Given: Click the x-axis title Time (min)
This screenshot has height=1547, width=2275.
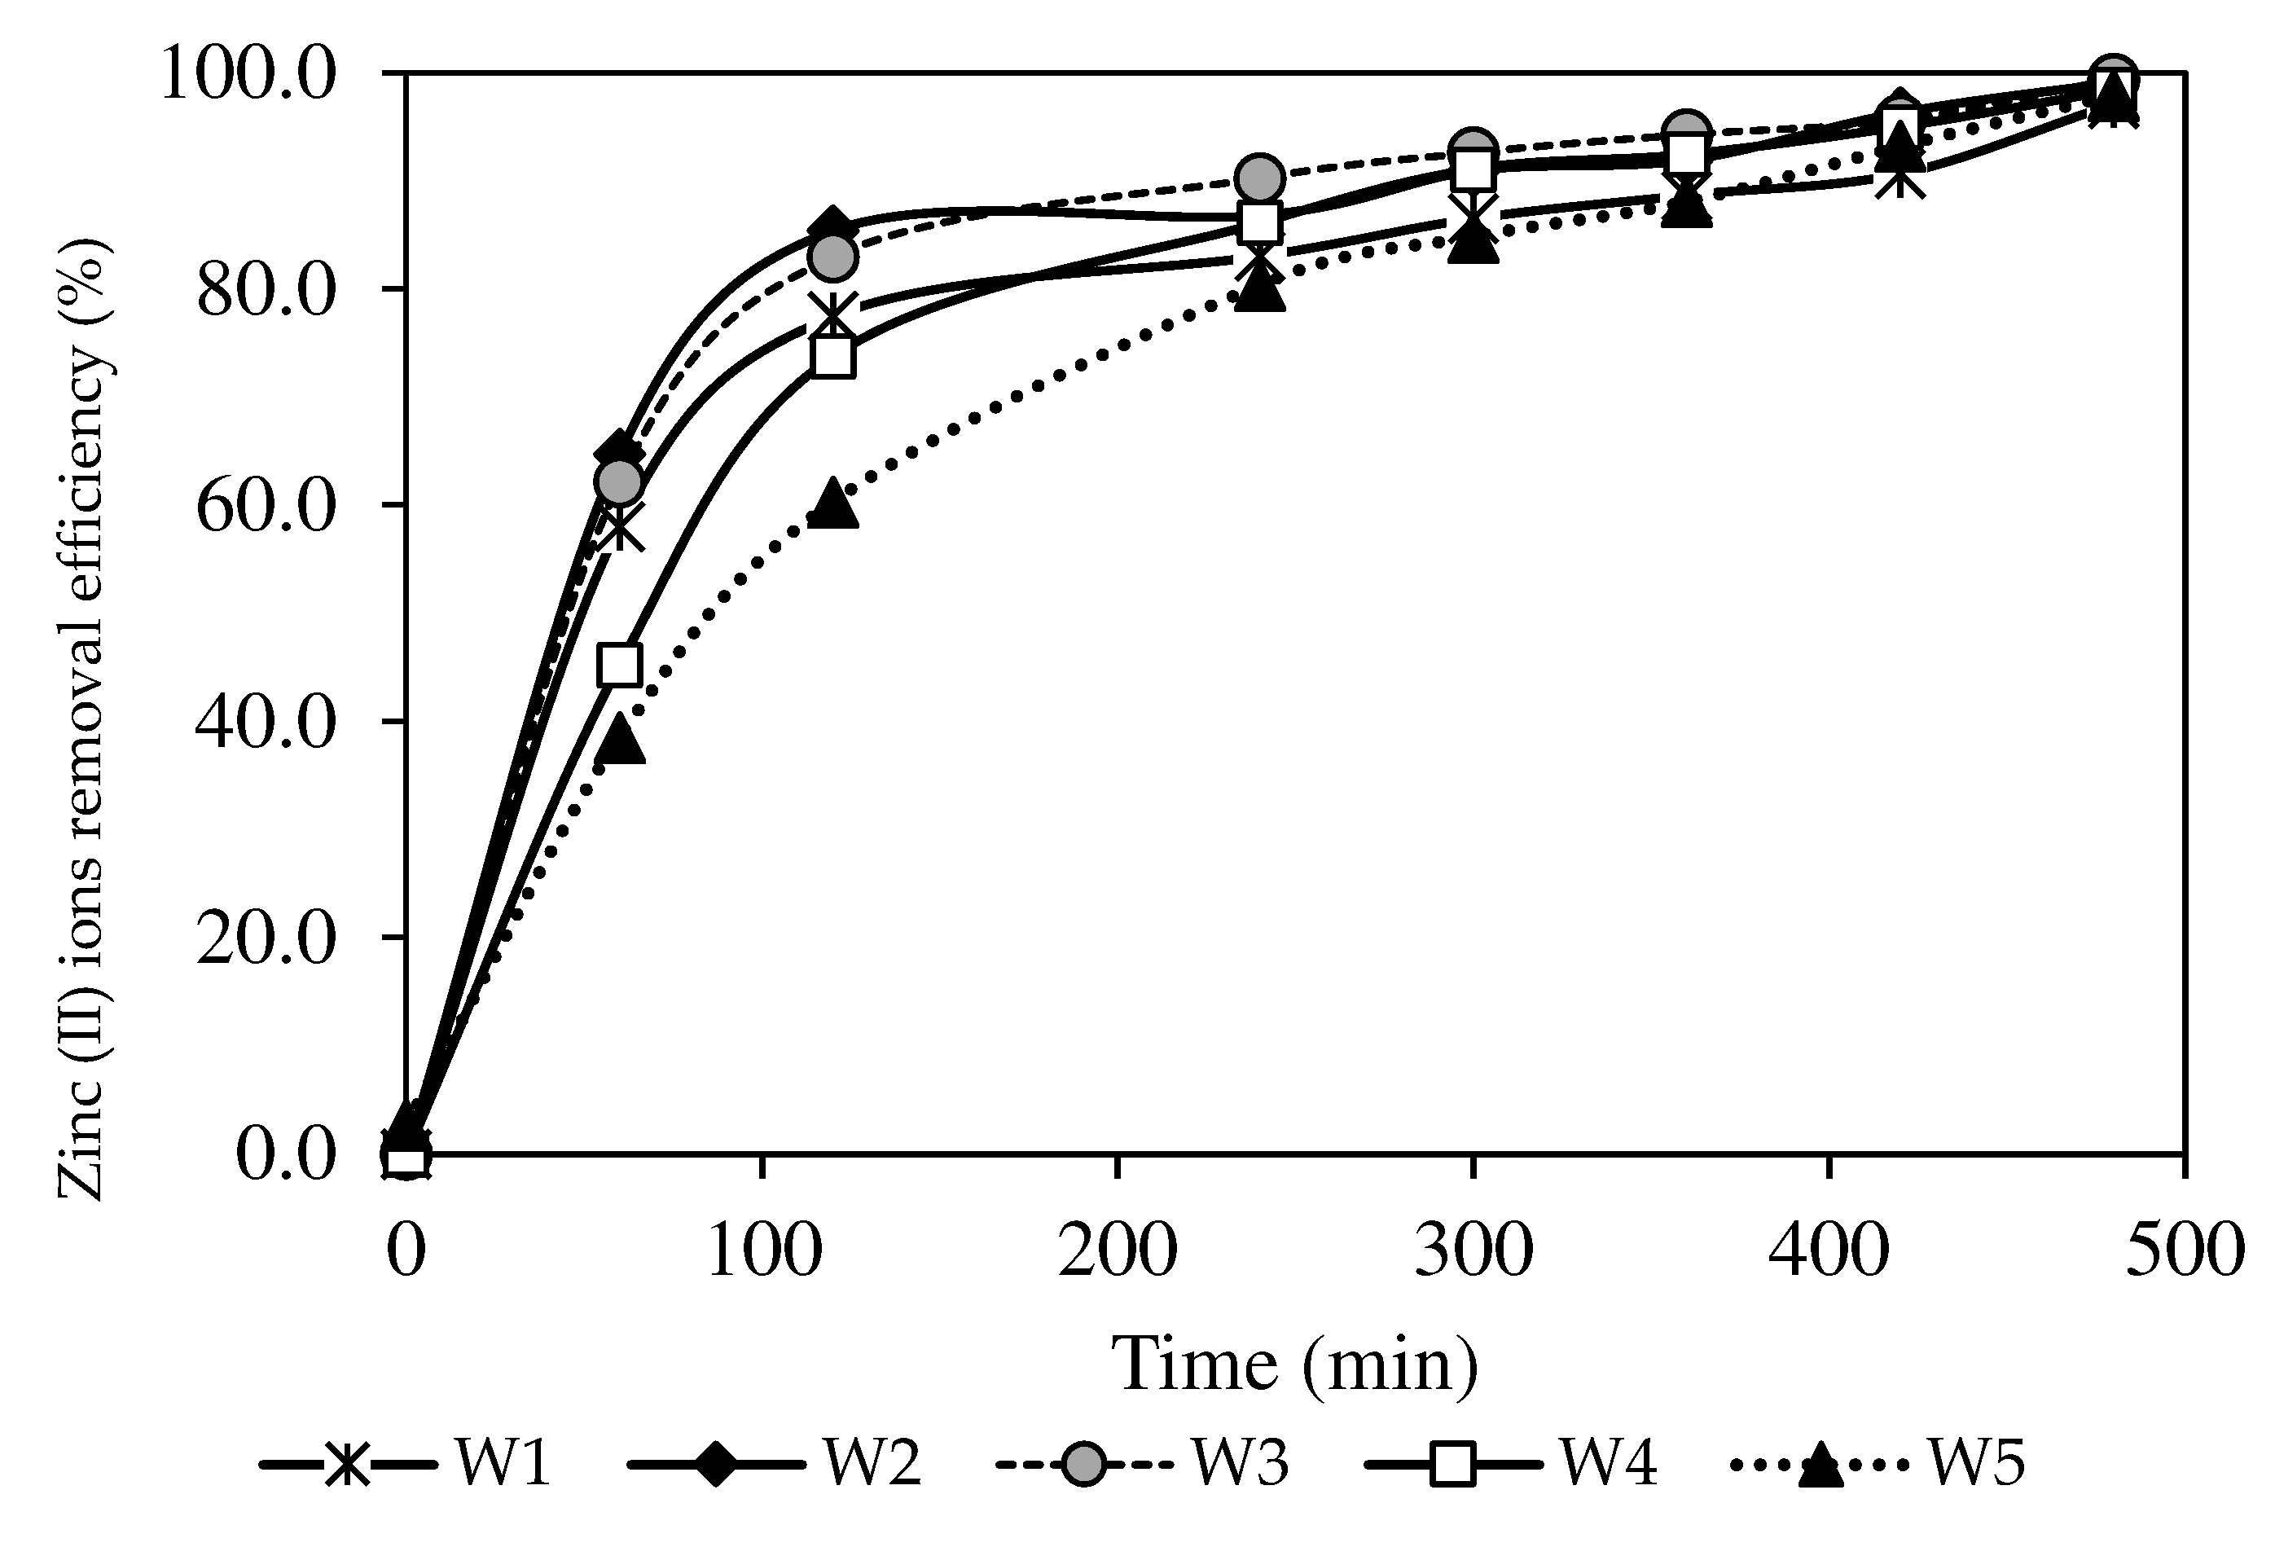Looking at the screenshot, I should [x=1294, y=1364].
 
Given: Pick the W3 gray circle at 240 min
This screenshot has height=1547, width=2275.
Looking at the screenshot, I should [x=1260, y=178].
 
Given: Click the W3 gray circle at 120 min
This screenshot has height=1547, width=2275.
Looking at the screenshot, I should [x=833, y=257].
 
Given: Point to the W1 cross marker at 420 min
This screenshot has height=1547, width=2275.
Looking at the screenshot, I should [x=1900, y=180].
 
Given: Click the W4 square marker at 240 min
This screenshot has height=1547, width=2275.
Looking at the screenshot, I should [x=1261, y=223].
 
